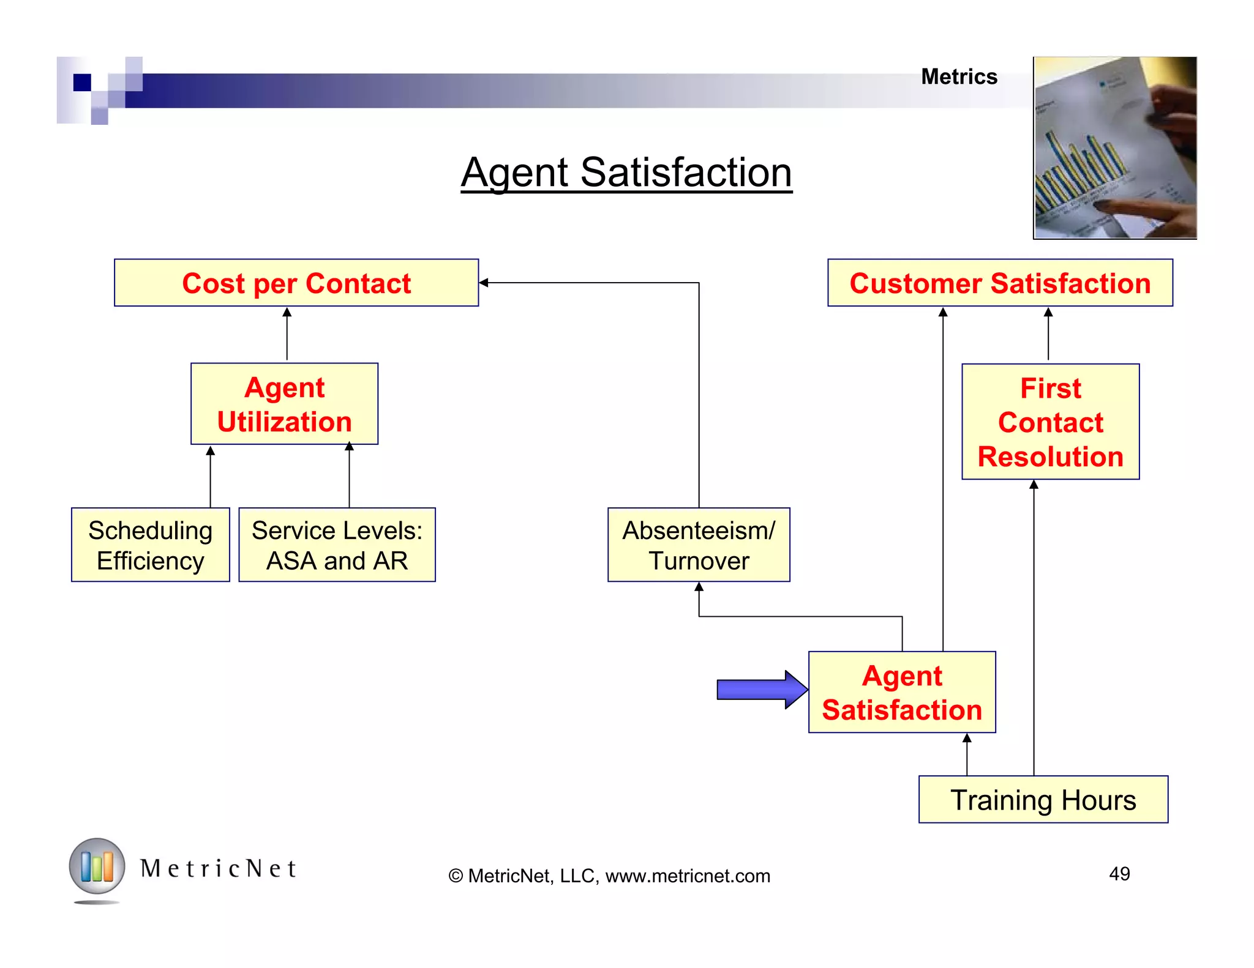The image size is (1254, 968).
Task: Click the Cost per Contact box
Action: click(x=296, y=283)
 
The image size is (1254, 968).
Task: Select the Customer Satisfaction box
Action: click(x=1000, y=283)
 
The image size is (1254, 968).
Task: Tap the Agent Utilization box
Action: click(x=284, y=404)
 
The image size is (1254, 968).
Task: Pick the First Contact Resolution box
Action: click(x=1050, y=422)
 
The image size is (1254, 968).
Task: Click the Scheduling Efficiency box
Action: click(x=151, y=545)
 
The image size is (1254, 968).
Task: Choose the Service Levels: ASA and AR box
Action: click(x=337, y=545)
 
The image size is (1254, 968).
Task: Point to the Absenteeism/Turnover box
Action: click(x=699, y=545)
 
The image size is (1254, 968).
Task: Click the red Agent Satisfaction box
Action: click(x=902, y=692)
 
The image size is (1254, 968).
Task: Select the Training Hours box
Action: click(x=1043, y=800)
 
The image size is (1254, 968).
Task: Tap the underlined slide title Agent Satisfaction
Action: click(x=626, y=173)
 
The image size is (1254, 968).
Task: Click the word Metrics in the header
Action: click(x=959, y=77)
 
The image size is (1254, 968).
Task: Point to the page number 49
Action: click(x=1119, y=873)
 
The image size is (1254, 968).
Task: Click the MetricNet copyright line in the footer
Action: click(x=609, y=876)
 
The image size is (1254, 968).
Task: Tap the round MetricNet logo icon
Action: click(x=97, y=866)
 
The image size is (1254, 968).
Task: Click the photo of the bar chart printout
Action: click(x=1114, y=147)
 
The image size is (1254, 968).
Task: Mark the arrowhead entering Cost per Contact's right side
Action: click(x=484, y=283)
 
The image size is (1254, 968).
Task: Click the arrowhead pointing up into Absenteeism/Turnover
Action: click(x=699, y=587)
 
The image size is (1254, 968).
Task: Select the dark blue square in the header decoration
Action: click(x=82, y=82)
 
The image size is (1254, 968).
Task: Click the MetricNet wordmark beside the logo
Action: click(x=219, y=868)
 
